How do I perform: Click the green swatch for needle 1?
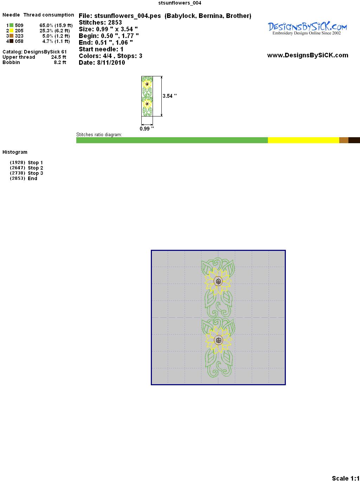11,25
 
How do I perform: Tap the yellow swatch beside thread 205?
11,31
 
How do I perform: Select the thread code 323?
19,36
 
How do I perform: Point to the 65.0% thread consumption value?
46,25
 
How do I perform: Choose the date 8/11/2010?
111,63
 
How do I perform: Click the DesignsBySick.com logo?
307,28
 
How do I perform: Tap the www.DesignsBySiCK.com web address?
308,55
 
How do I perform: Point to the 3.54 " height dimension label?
169,96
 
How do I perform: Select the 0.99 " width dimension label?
147,128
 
